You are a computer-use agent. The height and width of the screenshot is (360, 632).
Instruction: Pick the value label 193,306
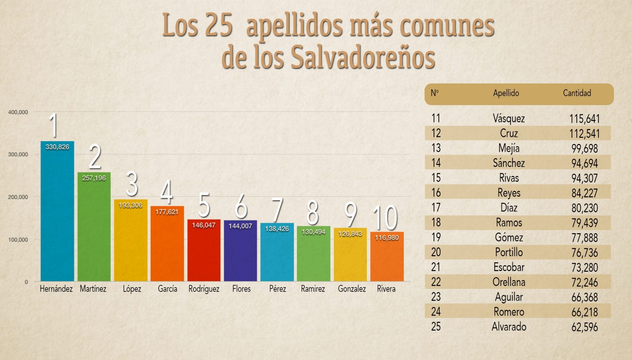click(x=130, y=206)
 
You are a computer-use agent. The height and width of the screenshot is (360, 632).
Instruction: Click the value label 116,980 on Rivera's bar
click(x=387, y=238)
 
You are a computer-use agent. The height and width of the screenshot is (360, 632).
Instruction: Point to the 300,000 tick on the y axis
click(x=18, y=154)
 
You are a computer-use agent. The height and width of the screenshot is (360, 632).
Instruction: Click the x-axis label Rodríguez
click(x=204, y=289)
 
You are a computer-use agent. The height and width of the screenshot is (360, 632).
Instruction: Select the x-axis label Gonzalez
click(x=352, y=289)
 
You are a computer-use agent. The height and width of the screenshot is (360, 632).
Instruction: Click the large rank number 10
click(x=385, y=218)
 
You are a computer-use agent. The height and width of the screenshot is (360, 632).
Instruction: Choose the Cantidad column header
click(x=577, y=93)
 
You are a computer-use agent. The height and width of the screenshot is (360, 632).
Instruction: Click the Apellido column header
click(x=506, y=93)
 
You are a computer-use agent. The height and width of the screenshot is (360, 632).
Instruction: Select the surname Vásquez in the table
click(x=509, y=119)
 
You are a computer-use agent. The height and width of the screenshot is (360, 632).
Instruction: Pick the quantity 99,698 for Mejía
click(x=584, y=149)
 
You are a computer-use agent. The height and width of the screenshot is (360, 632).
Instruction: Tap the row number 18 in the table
click(x=436, y=223)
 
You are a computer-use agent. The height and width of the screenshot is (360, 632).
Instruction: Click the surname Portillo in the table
click(x=509, y=253)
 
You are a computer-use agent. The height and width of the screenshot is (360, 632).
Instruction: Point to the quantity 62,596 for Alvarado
click(x=584, y=327)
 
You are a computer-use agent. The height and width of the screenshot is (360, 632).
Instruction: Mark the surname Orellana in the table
click(x=509, y=282)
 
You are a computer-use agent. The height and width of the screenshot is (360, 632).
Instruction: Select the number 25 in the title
click(x=219, y=25)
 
